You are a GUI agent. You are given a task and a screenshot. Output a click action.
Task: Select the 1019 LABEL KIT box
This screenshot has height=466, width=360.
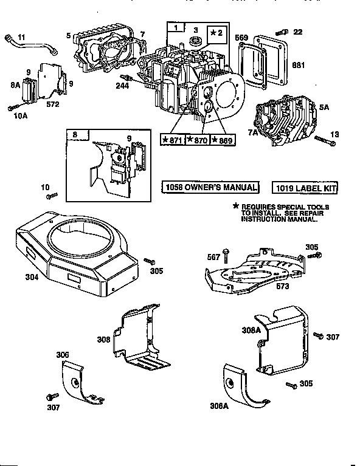[305, 188]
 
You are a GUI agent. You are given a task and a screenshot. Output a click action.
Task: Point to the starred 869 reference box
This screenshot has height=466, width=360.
[222, 140]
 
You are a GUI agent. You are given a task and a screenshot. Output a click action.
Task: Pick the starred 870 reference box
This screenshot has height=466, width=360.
[196, 140]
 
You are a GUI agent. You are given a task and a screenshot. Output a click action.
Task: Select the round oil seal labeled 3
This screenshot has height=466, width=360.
[195, 41]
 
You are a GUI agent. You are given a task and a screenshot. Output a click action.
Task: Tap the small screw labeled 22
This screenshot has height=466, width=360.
[280, 32]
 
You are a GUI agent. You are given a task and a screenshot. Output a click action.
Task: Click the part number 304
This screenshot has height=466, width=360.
[32, 277]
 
